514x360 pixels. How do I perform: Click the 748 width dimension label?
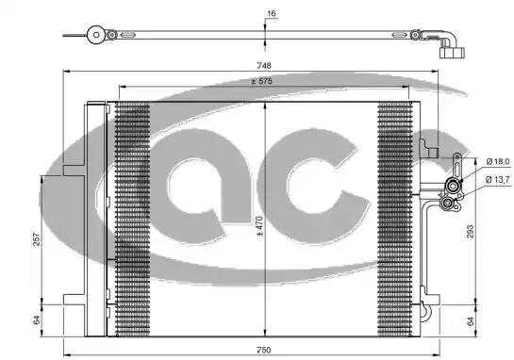tap(264, 66)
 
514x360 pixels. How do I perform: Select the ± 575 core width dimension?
tap(261, 81)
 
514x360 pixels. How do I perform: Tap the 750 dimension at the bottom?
tap(264, 350)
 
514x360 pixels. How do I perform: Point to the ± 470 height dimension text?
tap(259, 226)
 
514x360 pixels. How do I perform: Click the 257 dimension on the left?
tap(37, 239)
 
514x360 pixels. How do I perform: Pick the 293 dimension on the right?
tap(470, 231)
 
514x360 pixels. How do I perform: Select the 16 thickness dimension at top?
tap(271, 13)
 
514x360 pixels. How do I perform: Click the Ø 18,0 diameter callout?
tap(498, 161)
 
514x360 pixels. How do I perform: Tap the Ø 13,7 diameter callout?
tap(498, 179)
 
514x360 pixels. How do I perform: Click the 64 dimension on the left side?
tap(37, 320)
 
